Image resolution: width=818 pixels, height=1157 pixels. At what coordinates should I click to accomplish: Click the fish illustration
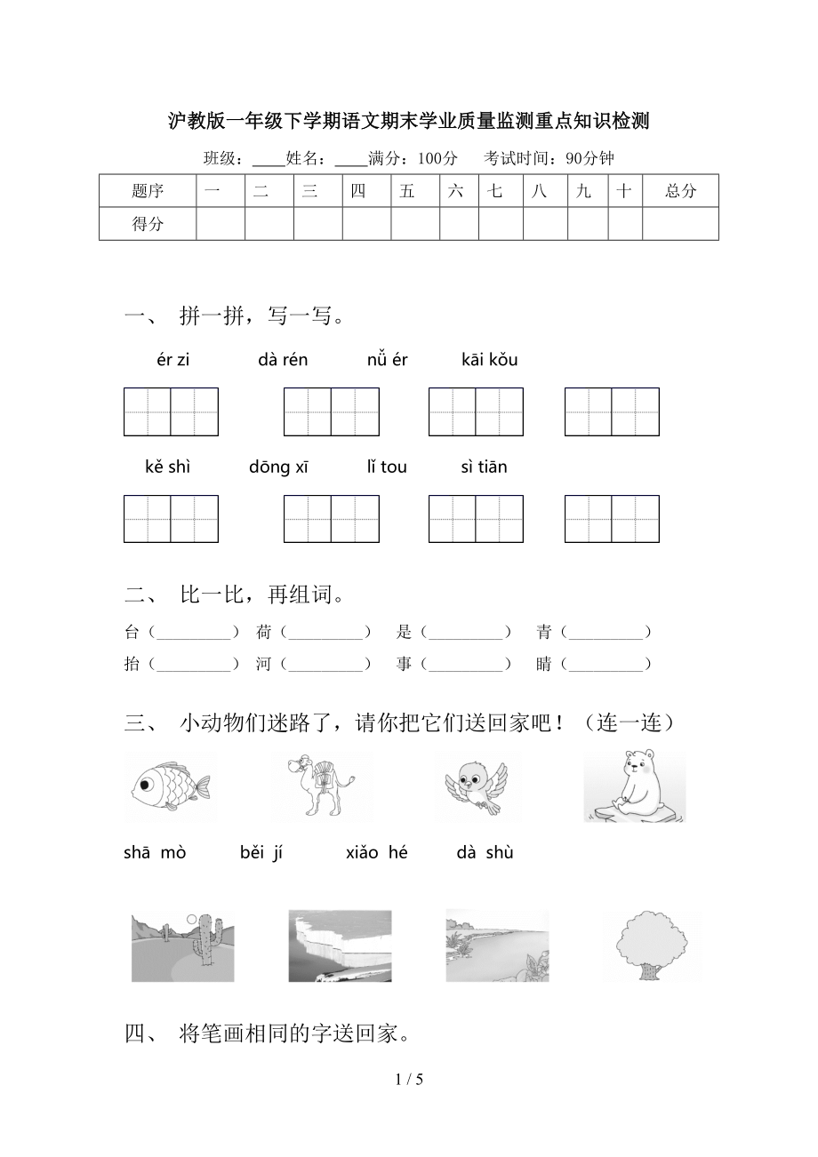click(x=170, y=786)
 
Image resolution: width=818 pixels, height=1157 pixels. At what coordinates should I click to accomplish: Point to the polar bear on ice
click(x=634, y=786)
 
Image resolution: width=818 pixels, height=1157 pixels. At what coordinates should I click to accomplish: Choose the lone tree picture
click(x=653, y=946)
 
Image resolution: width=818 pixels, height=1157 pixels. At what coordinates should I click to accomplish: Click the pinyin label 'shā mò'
click(x=155, y=853)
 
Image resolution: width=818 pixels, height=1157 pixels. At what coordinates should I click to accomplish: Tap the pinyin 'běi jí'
click(x=261, y=853)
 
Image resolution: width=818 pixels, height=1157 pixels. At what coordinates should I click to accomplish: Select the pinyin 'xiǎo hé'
click(x=377, y=853)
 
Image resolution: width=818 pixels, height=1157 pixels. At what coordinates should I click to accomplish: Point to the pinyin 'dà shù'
click(x=485, y=853)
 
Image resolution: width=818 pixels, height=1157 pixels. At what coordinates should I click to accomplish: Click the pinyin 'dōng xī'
click(x=278, y=467)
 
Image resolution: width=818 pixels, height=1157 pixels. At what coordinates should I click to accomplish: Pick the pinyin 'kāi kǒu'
click(x=489, y=360)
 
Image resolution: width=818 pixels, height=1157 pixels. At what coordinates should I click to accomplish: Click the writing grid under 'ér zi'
click(x=171, y=411)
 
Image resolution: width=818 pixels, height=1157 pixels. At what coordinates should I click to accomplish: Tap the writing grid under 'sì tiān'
click(x=612, y=519)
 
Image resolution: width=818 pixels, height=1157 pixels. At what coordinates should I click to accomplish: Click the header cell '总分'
click(x=680, y=191)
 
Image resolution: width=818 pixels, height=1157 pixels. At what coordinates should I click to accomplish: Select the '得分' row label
click(x=148, y=224)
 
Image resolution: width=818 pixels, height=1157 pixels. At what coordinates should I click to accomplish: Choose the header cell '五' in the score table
click(x=407, y=191)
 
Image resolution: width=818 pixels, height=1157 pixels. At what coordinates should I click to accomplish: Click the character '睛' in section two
click(x=544, y=664)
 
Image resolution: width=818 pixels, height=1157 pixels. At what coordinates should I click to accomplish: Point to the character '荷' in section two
click(x=263, y=633)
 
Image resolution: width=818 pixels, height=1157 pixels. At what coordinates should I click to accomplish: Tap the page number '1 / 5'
click(x=409, y=1080)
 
